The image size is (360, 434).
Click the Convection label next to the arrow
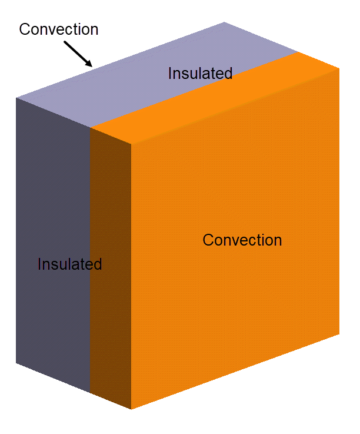click(59, 29)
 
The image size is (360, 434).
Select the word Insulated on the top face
click(200, 74)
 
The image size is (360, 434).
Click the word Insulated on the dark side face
click(69, 264)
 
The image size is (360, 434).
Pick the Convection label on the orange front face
click(242, 240)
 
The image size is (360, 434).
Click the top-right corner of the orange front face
click(339, 68)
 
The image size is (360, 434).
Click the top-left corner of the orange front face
click(131, 143)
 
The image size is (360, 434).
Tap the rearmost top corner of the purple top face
click(225, 22)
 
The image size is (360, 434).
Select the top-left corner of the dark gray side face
click(16, 98)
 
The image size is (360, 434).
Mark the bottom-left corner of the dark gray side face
click(16, 363)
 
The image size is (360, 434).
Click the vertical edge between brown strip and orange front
click(131, 277)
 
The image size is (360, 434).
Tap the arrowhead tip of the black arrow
click(92, 67)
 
